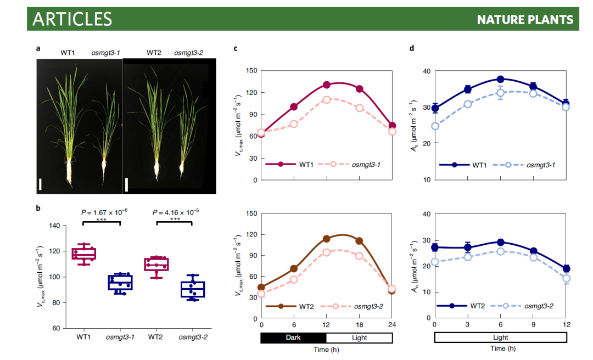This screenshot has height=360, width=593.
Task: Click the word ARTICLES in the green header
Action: tap(72, 19)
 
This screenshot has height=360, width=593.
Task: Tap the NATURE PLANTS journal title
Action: tap(524, 20)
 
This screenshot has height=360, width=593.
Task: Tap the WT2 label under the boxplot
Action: tap(157, 336)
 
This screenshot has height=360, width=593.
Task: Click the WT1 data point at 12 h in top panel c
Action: tap(327, 85)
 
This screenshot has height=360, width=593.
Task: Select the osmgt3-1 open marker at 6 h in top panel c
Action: tap(294, 124)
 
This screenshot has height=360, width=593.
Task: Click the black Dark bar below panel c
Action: tap(294, 337)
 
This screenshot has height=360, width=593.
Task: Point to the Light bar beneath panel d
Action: tap(500, 337)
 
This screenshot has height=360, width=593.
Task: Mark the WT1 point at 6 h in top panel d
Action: tap(500, 80)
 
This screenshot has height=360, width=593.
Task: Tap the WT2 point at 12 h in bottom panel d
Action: tap(566, 269)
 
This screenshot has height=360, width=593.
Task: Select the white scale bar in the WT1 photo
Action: tap(40, 183)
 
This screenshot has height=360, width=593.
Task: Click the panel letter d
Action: tap(412, 48)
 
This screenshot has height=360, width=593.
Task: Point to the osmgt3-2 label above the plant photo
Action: tap(188, 53)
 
